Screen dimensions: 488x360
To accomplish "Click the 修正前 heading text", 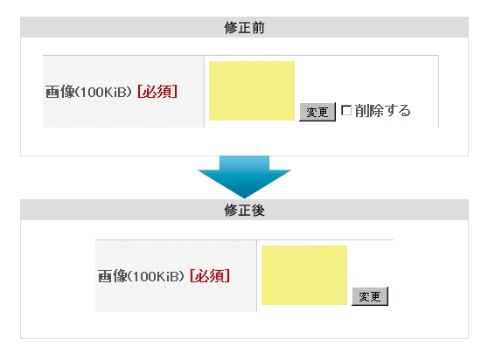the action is pos(244,27).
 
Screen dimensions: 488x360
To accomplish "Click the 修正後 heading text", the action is pos(244,211).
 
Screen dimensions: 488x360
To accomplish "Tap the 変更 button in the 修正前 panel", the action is pos(317,112).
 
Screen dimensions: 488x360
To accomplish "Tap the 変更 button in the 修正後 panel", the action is pos(370,296).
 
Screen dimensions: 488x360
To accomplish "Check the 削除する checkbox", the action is pos(346,110).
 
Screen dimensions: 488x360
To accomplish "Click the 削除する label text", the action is pos(383,111).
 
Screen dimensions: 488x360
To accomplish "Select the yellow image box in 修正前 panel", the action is pos(252,91).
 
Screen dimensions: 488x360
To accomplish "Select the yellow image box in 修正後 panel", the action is pos(304,275).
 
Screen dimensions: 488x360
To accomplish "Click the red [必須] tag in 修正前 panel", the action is pos(157,92).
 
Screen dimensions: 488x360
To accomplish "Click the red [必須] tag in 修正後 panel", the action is pos(210,276).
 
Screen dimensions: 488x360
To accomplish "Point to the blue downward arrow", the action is pos(244,177).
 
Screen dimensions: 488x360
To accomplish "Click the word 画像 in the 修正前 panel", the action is pos(60,92).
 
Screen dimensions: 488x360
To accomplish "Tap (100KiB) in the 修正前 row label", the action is pos(104,92).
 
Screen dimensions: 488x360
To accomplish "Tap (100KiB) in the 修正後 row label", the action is pos(156,276).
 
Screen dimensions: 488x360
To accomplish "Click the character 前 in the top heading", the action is pos(258,27).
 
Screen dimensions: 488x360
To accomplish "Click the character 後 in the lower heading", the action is pos(258,211).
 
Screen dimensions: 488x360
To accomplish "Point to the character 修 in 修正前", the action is pos(231,27).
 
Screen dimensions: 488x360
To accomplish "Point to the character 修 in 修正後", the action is pos(231,211).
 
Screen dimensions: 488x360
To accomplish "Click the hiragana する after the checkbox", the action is pos(397,111).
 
